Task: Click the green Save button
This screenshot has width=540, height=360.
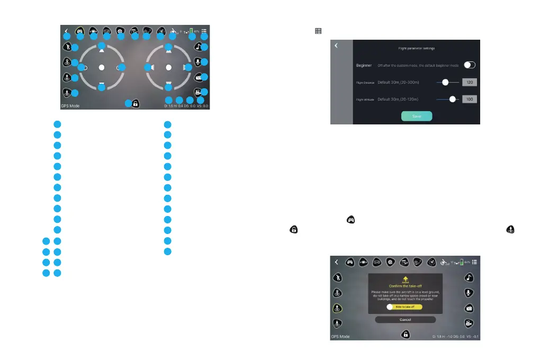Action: click(416, 116)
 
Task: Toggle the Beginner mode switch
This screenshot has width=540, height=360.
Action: click(470, 65)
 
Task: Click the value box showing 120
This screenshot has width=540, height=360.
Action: click(470, 82)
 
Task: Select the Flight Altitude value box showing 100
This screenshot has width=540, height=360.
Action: click(470, 99)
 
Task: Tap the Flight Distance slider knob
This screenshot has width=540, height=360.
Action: click(446, 82)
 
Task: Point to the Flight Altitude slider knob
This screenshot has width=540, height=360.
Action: click(452, 99)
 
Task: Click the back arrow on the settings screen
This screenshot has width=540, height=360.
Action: click(336, 46)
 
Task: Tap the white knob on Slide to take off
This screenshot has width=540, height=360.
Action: click(389, 307)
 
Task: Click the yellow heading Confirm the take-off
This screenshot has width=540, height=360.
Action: click(405, 286)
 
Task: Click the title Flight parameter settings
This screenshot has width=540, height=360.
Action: click(416, 48)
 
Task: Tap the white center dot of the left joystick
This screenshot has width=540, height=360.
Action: click(102, 67)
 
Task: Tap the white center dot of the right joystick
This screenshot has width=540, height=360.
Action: click(168, 67)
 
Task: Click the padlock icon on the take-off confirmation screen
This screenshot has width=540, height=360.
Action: click(405, 334)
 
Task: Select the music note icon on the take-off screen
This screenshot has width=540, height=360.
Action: click(469, 277)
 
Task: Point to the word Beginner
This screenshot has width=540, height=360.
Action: click(364, 65)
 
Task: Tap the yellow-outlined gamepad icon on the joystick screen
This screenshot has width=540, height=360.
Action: click(80, 31)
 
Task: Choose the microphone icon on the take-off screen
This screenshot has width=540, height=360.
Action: click(469, 292)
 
